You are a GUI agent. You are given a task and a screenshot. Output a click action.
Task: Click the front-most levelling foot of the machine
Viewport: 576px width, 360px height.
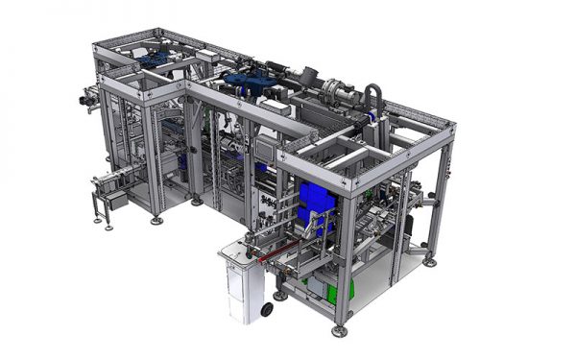coord(339,331)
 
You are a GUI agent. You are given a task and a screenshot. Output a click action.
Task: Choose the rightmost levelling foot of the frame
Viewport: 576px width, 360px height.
coord(430,260)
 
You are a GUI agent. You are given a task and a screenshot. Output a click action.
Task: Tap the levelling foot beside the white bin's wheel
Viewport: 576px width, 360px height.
coord(279,296)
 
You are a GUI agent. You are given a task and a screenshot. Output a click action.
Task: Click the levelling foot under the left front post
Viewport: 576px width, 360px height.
coord(156,221)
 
